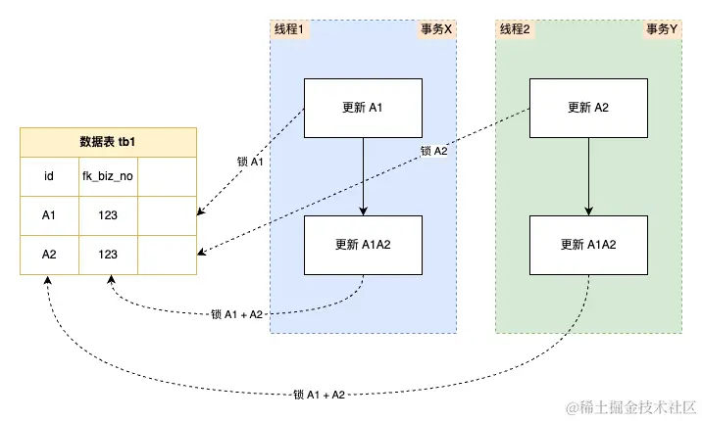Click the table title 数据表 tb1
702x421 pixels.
(108, 142)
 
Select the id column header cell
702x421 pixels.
(49, 178)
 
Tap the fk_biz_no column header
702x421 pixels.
(108, 178)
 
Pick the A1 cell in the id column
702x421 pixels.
(49, 216)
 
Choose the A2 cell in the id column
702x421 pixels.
(49, 255)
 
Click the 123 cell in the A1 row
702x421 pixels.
(108, 216)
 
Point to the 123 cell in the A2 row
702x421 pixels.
(108, 255)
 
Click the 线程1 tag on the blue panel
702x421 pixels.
(289, 29)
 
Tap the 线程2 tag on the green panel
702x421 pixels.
(515, 29)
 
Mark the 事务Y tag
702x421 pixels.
(662, 29)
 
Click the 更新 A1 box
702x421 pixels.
(364, 108)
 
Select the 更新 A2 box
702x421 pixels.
(588, 108)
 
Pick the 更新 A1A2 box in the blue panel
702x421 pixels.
(364, 245)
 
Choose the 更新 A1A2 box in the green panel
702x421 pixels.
(588, 245)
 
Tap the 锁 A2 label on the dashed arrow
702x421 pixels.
(433, 151)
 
